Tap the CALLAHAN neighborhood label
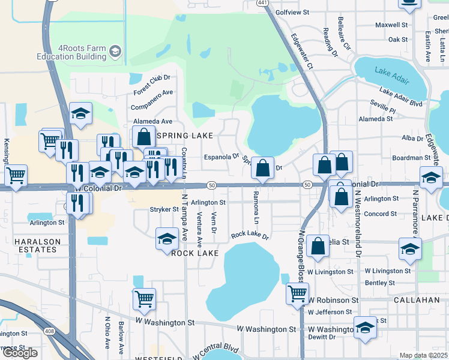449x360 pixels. [x=418, y=299]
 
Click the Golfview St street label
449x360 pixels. [x=292, y=12]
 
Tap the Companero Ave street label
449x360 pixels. [x=153, y=98]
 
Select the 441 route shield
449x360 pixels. [x=262, y=3]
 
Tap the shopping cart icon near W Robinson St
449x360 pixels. [x=298, y=294]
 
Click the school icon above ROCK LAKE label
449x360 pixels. [x=166, y=239]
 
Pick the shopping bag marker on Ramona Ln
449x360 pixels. [x=262, y=168]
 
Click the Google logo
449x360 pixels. [x=20, y=353]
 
